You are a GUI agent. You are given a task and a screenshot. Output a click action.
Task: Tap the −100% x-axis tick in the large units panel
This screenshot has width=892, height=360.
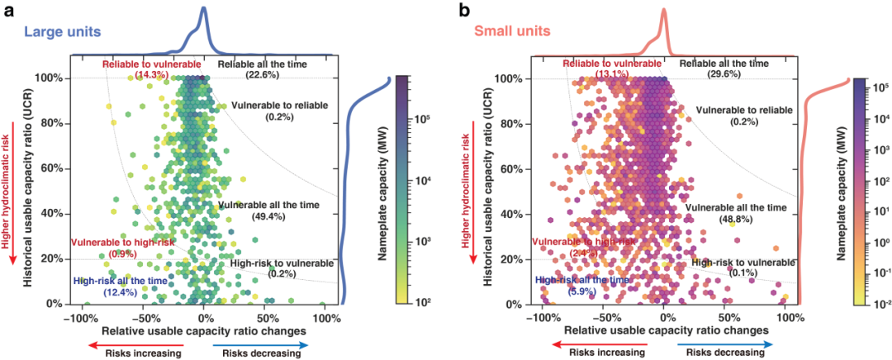tap(81, 316)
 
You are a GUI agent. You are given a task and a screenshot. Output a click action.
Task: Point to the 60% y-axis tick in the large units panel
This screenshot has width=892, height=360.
tap(52, 168)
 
